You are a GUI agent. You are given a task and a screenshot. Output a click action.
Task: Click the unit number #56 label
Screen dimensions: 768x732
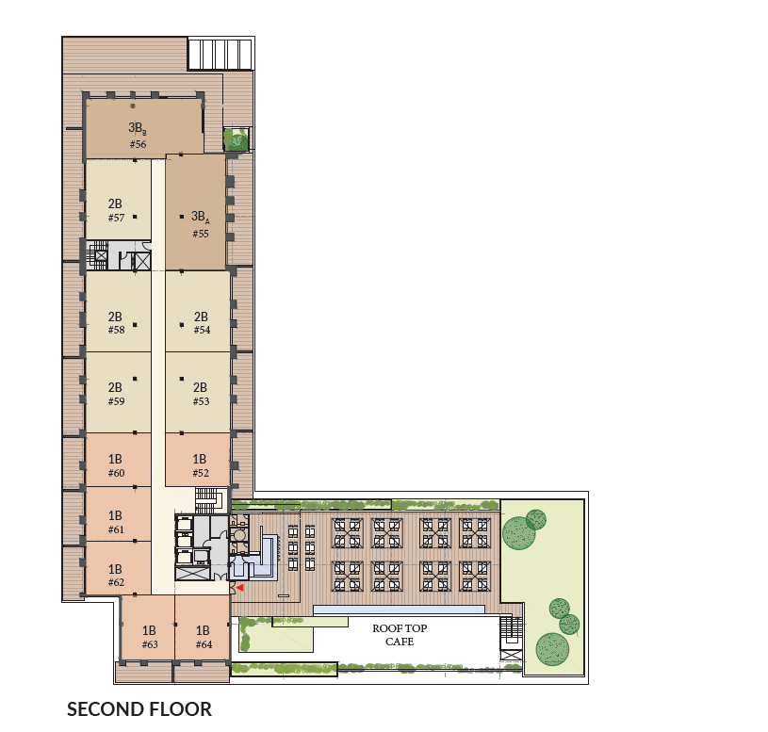(139, 144)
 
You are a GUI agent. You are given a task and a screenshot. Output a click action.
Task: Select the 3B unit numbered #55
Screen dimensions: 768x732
(196, 212)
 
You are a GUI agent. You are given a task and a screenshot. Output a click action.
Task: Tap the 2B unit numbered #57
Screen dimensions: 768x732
(118, 200)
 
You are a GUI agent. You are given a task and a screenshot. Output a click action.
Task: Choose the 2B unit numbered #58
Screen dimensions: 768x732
(118, 312)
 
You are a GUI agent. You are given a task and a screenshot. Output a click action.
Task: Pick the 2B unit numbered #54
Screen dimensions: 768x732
(198, 312)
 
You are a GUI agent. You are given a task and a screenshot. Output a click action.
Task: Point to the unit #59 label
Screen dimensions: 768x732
(117, 401)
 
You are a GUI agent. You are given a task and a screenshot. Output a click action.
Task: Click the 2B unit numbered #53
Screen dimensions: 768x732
(198, 393)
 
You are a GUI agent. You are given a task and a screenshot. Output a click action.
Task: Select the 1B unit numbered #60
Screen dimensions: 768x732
(118, 461)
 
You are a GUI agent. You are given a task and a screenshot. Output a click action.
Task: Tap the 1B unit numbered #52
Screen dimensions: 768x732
(198, 461)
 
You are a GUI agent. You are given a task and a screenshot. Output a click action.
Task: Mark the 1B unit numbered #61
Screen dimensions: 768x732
(118, 514)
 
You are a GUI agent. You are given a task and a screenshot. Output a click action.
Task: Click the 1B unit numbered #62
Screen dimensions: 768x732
(118, 568)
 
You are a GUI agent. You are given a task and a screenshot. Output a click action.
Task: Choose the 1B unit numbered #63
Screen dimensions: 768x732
(148, 627)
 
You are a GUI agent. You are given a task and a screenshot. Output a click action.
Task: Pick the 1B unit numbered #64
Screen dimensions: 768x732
(203, 627)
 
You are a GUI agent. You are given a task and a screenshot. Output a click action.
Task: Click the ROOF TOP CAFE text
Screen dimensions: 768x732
(400, 635)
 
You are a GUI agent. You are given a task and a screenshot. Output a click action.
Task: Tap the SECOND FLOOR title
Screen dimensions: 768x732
(139, 709)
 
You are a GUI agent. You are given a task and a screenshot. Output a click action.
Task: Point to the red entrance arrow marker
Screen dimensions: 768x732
(240, 588)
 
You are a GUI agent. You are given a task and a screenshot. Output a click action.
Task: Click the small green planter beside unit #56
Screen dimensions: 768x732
(237, 139)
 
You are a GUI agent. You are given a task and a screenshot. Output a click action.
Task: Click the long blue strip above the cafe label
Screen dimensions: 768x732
(399, 610)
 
